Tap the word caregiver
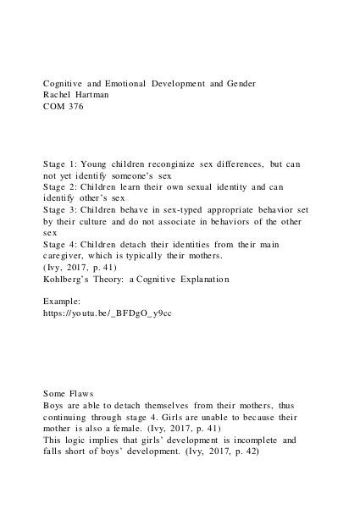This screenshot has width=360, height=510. pyautogui.click(x=68, y=256)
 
